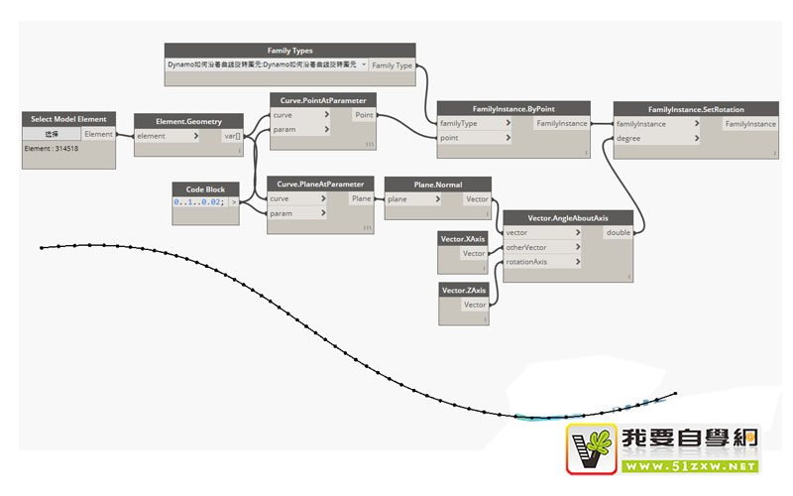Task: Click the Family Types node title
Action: [289, 50]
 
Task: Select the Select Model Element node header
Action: [68, 119]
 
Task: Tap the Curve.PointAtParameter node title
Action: [321, 100]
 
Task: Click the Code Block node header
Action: [205, 188]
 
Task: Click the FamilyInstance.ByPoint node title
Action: [513, 108]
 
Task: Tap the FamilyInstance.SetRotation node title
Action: [696, 108]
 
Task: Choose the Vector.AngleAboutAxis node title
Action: [567, 217]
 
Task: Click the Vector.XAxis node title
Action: [464, 238]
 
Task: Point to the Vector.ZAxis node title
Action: [464, 290]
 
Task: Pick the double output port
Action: [618, 232]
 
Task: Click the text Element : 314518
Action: [52, 149]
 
